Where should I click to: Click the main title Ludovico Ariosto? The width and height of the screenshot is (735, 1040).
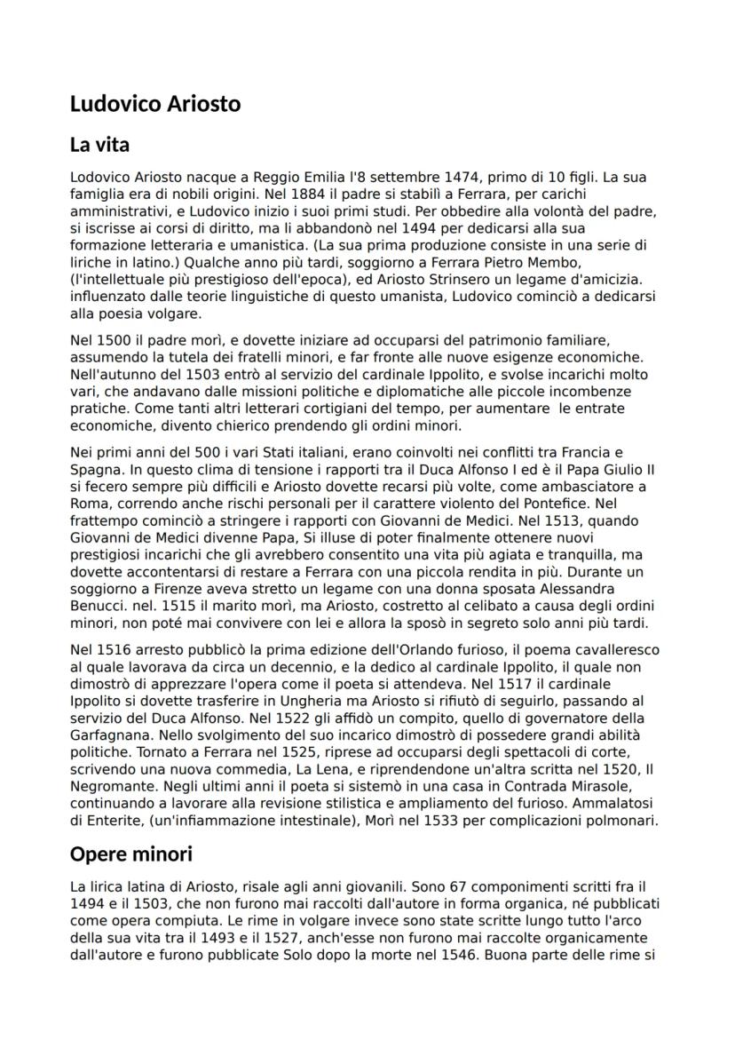tap(155, 104)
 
